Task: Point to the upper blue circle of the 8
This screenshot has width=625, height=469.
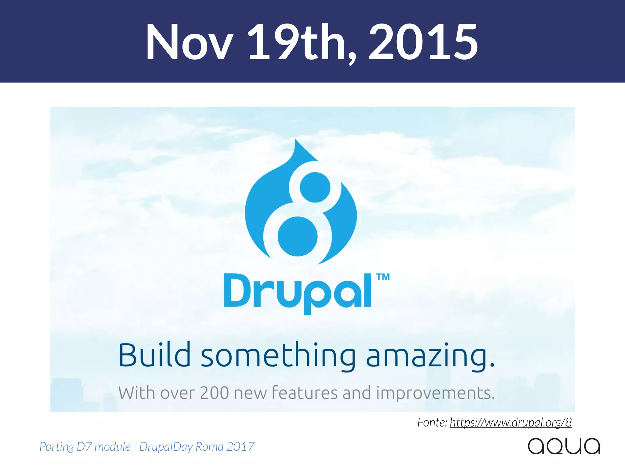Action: click(x=315, y=187)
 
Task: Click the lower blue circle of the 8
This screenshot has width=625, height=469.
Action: click(x=298, y=236)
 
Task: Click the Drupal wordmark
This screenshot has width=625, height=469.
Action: click(x=298, y=292)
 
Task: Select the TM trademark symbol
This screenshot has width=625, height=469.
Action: click(x=383, y=277)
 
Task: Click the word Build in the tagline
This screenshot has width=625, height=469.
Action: click(x=154, y=355)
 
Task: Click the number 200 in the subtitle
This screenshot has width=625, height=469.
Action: click(x=214, y=393)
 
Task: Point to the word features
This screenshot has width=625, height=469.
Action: click(x=304, y=393)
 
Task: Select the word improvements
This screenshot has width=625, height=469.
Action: click(x=435, y=393)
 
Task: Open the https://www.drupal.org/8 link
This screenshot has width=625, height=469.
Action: click(x=511, y=422)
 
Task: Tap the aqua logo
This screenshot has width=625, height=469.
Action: click(x=564, y=446)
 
